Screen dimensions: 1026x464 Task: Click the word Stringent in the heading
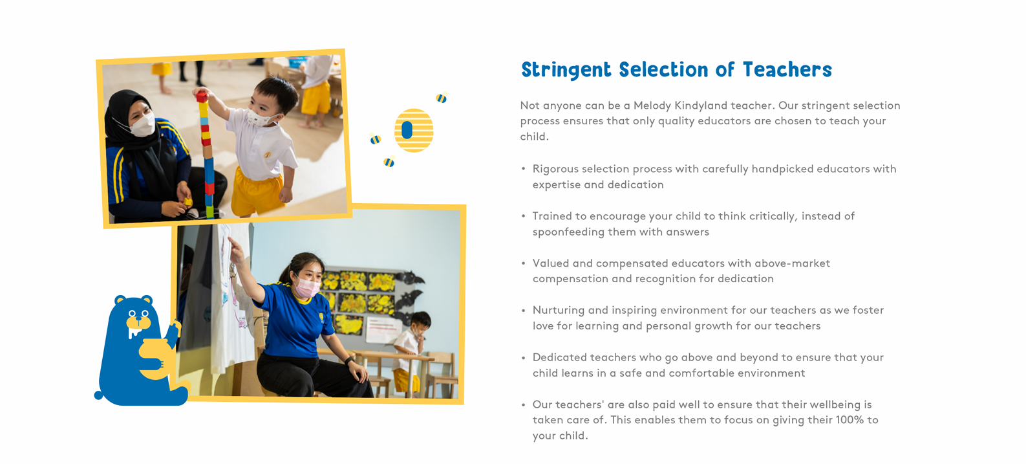(x=566, y=70)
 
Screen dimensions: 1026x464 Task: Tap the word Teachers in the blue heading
(x=787, y=70)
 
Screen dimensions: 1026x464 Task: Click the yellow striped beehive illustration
(x=414, y=130)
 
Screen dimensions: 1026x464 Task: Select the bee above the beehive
(x=441, y=97)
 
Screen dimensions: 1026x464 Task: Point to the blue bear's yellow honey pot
(x=156, y=359)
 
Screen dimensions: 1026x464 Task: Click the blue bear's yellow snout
(x=138, y=323)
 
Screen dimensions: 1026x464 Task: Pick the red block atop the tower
(x=202, y=97)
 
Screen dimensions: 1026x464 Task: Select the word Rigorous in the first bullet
(x=555, y=169)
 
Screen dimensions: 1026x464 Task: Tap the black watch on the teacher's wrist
(x=349, y=361)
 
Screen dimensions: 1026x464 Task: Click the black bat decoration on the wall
(x=410, y=278)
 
